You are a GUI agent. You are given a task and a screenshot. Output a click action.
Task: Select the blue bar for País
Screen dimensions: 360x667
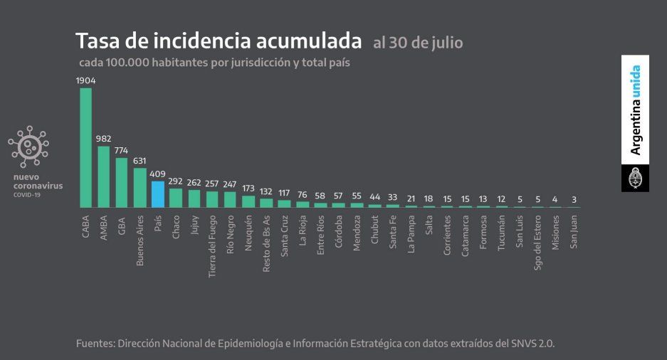tap(157, 194)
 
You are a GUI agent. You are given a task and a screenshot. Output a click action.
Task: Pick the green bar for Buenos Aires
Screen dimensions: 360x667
tap(140, 188)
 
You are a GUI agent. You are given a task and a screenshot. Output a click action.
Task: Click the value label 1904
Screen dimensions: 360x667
tap(85, 80)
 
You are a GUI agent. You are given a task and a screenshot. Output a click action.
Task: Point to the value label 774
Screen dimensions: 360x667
tap(122, 151)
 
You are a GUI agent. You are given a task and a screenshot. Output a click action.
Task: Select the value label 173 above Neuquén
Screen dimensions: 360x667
tap(248, 189)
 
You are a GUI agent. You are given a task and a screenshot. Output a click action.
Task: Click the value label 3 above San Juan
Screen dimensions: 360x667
tap(573, 200)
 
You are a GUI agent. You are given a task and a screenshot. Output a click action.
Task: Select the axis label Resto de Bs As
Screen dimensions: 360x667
tap(266, 244)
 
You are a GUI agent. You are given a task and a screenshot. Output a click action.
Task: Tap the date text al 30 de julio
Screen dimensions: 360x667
tap(417, 43)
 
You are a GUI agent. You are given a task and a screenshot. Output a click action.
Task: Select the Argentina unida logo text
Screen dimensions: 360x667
tap(635, 110)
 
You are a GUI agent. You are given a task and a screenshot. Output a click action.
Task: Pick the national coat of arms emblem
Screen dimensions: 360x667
tap(635, 179)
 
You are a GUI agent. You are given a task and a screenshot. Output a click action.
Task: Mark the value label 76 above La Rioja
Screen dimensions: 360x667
tap(303, 195)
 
